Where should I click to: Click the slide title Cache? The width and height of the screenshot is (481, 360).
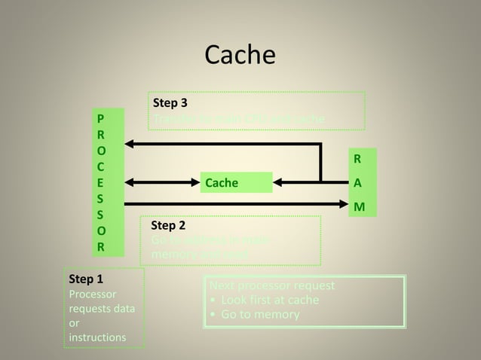coord(240,55)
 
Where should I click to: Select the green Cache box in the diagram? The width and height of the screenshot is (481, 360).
coord(236,183)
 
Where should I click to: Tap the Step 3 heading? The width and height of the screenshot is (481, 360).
coord(170,103)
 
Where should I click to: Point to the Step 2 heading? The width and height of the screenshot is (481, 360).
coord(168,225)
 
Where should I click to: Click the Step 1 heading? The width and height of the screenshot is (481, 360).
coord(85,279)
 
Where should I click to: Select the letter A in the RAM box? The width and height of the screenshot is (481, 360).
coord(358,183)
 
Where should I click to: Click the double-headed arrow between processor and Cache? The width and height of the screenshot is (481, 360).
coord(162,182)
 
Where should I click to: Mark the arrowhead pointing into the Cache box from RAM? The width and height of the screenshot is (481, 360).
coord(279,182)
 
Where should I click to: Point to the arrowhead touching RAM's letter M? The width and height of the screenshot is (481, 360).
coord(344,204)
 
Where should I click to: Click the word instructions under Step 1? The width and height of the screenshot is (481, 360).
coord(97,337)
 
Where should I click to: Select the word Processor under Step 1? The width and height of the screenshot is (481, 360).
coord(93,294)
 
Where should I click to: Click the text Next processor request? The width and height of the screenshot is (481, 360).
coord(271,286)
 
